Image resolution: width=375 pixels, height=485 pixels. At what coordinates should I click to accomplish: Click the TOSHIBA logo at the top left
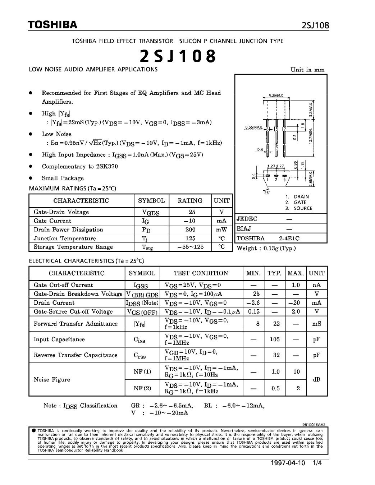[x=53, y=25]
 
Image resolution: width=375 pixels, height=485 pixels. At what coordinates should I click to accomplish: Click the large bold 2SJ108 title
[x=178, y=56]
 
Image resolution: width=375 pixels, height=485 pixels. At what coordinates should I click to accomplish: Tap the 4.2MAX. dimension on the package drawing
[x=276, y=96]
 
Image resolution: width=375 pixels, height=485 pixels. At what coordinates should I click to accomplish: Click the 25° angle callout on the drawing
[x=267, y=192]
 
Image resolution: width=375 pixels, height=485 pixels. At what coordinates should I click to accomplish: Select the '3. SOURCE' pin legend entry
[x=299, y=208]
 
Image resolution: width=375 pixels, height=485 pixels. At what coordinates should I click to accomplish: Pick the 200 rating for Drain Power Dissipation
[x=191, y=230]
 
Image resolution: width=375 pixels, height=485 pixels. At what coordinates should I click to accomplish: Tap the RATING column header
[x=190, y=200]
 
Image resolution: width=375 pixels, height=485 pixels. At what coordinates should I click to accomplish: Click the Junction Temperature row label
[x=65, y=238]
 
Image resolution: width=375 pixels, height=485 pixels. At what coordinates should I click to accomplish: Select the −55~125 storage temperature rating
[x=191, y=247]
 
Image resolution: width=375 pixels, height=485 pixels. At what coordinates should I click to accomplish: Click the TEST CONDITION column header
[x=201, y=273]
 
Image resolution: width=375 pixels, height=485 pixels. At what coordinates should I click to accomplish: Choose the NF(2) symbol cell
[x=142, y=388]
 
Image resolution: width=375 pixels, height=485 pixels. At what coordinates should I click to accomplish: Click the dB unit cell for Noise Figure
[x=316, y=379]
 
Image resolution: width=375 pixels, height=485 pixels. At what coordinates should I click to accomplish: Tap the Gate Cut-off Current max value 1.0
[x=296, y=285]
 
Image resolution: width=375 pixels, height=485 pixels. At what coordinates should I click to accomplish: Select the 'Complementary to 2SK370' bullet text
[x=80, y=166]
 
